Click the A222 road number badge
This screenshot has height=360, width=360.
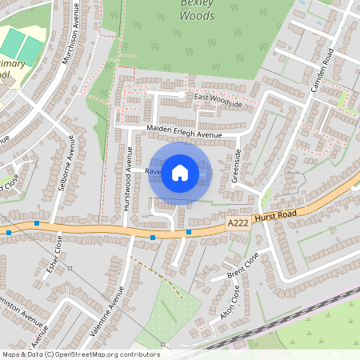coord(236,226)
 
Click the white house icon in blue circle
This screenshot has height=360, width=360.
coord(180,172)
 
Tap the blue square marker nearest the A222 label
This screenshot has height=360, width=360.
coord(189,233)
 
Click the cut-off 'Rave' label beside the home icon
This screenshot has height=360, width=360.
coord(152,171)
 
